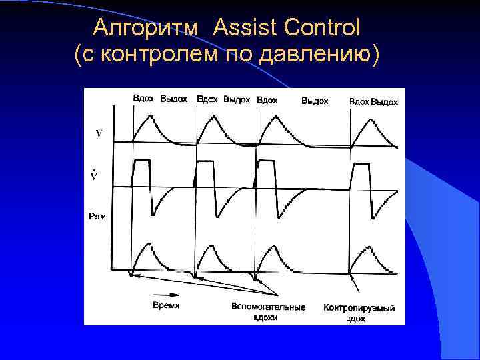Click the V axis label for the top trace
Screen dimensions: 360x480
pos(99,133)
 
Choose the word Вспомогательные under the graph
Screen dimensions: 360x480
pos(268,307)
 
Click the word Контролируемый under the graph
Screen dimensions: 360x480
pos(359,308)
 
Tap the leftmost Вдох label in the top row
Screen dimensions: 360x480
pos(143,99)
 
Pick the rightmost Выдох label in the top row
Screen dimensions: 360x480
pos(385,102)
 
